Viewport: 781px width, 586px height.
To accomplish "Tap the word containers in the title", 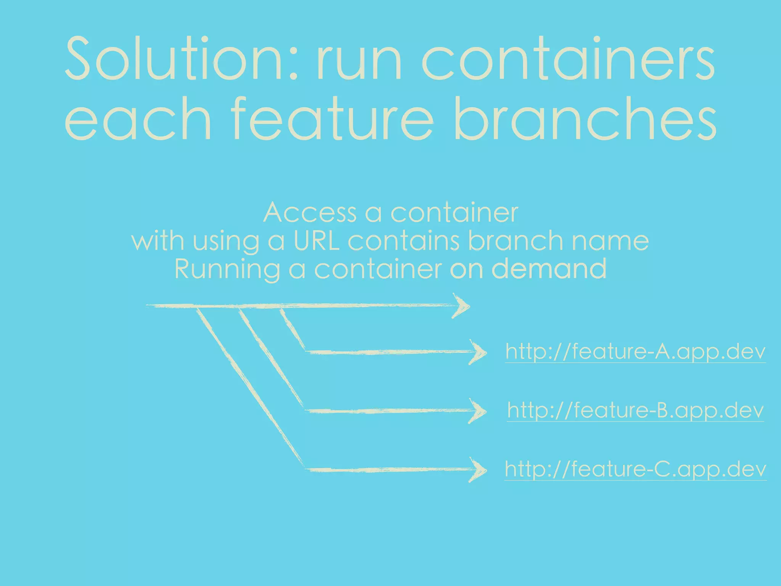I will tap(568, 59).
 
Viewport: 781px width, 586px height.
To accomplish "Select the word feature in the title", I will tap(332, 118).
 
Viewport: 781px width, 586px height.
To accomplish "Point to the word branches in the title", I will tap(585, 118).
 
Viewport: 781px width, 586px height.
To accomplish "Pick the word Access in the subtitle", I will tap(310, 213).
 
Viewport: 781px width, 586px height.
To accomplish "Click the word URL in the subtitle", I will tap(316, 241).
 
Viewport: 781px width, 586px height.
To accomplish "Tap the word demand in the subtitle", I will tap(549, 269).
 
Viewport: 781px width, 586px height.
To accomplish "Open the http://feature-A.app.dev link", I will tap(635, 352).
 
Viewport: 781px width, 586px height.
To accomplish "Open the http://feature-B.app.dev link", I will tap(635, 411).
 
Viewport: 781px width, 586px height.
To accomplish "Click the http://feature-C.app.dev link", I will tap(635, 469).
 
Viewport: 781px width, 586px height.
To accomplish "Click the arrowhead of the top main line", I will tap(461, 306).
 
